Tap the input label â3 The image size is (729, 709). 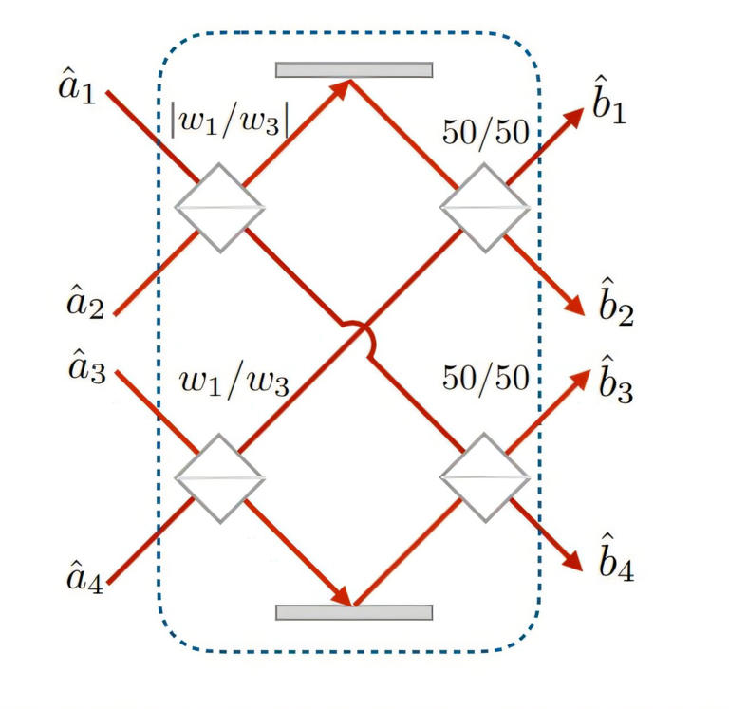[x=78, y=365]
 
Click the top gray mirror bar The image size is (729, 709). [x=354, y=69]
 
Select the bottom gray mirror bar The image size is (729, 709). [x=354, y=612]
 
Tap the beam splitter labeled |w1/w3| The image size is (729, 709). [x=219, y=207]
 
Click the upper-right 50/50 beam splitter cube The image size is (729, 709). [x=484, y=207]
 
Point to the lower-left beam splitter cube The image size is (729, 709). [x=219, y=476]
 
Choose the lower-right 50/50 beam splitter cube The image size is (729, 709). [x=484, y=476]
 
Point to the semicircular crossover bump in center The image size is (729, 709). [x=354, y=332]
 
